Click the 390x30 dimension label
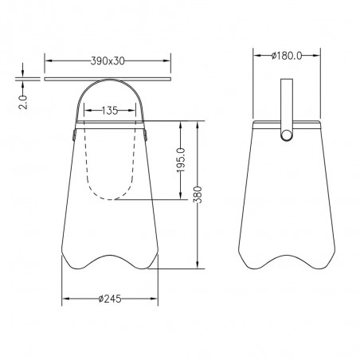point(108,61)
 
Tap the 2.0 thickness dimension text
point(23,102)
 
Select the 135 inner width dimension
point(110,111)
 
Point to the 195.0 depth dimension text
point(181,160)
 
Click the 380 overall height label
point(198,194)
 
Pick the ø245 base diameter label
point(110,299)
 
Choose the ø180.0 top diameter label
point(287,56)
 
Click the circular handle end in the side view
point(287,135)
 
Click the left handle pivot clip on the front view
point(74,135)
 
